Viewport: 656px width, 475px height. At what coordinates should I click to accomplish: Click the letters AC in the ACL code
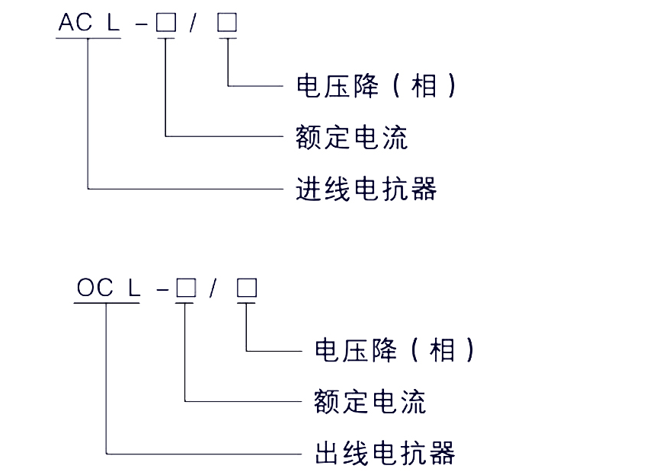point(75,23)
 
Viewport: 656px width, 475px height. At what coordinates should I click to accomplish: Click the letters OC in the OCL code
point(94,289)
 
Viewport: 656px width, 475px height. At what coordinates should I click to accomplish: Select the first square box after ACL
point(165,23)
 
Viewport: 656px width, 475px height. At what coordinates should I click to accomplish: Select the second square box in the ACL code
point(227,23)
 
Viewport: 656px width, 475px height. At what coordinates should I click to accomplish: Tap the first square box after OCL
point(185,289)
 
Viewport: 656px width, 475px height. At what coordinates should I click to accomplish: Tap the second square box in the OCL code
point(247,289)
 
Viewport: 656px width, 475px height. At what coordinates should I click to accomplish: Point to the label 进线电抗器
point(366,188)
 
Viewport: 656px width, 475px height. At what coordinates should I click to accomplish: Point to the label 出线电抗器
point(386,453)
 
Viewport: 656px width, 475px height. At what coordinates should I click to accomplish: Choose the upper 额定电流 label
point(351,137)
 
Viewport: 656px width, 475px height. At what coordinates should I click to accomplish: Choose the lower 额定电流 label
point(370,401)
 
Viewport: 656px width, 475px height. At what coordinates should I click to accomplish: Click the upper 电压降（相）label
point(376,85)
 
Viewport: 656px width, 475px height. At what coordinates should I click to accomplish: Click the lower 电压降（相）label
point(395,350)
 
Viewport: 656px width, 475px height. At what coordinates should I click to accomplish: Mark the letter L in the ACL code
point(114,23)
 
